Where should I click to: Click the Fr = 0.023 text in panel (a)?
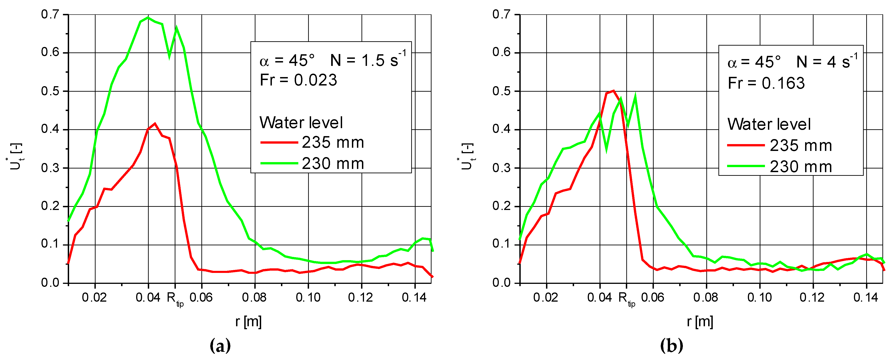(298, 80)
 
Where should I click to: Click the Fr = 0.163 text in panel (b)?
(766, 83)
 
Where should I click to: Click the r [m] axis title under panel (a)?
(248, 321)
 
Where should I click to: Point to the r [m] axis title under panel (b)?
(700, 321)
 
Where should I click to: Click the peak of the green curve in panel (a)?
(148, 17)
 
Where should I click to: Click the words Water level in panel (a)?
(301, 122)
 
